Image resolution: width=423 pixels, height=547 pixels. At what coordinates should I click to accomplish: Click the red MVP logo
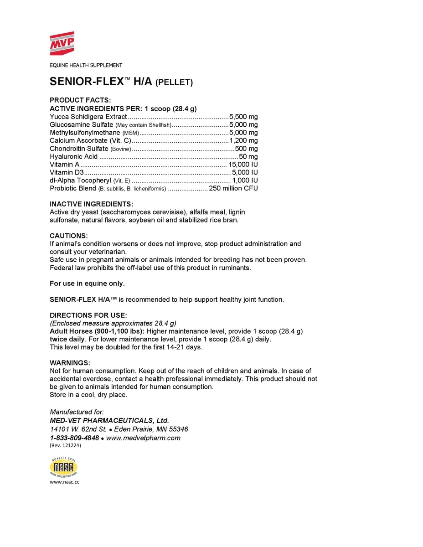coord(62,43)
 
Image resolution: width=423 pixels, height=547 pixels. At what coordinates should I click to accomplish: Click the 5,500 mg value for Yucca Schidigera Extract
coord(243,117)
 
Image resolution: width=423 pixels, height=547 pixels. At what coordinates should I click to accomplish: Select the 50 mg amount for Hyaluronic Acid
coord(248,156)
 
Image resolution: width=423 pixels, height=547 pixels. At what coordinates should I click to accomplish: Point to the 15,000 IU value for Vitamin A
coord(243,165)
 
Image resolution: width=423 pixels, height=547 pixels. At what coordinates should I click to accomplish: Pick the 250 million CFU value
coord(233,188)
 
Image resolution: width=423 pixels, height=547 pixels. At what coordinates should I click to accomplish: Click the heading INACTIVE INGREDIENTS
coord(91,204)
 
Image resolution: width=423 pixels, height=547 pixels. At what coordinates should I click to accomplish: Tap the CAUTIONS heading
coord(68,236)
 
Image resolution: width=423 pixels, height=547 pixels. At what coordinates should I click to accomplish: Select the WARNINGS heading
coord(70,363)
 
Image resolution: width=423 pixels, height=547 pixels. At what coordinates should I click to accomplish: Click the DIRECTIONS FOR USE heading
coord(88,315)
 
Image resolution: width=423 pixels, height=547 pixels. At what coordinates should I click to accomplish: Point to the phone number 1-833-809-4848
coord(75,438)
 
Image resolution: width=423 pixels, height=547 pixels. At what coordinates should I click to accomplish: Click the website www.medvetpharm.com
coord(143,438)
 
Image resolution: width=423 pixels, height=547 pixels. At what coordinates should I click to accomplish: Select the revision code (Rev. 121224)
coord(65,446)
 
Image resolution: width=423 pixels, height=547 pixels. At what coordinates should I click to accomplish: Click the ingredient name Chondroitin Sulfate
coord(79,149)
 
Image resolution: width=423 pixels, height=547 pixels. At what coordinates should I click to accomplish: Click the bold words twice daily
coord(67,340)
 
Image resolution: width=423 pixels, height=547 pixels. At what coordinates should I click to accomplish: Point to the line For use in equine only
coord(87,284)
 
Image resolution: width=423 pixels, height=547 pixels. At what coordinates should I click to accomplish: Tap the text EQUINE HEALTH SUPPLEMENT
coord(86,65)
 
